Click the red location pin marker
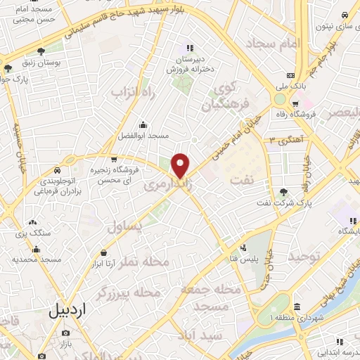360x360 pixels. [181, 165]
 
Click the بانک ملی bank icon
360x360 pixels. [290, 76]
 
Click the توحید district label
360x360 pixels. [304, 257]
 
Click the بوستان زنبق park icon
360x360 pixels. [41, 51]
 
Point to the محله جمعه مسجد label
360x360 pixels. [211, 297]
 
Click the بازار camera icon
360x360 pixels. [65, 333]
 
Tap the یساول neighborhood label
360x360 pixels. [127, 226]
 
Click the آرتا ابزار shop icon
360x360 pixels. [104, 252]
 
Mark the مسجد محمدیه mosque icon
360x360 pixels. [36, 249]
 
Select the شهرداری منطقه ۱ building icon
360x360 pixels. [297, 307]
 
